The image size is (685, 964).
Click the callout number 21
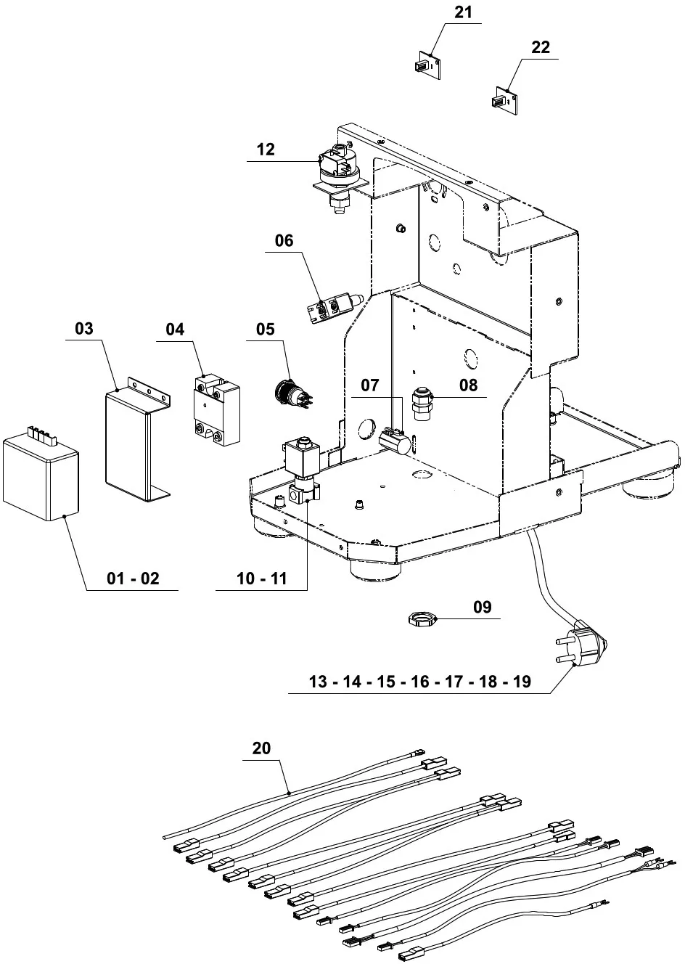click(463, 12)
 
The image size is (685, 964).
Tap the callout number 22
click(541, 47)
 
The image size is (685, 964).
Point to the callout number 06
click(284, 240)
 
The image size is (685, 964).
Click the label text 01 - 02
click(132, 579)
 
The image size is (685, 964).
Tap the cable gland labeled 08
click(421, 404)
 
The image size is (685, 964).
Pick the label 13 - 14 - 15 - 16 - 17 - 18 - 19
click(420, 682)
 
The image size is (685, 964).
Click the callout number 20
click(261, 748)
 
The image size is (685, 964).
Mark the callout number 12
click(266, 149)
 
